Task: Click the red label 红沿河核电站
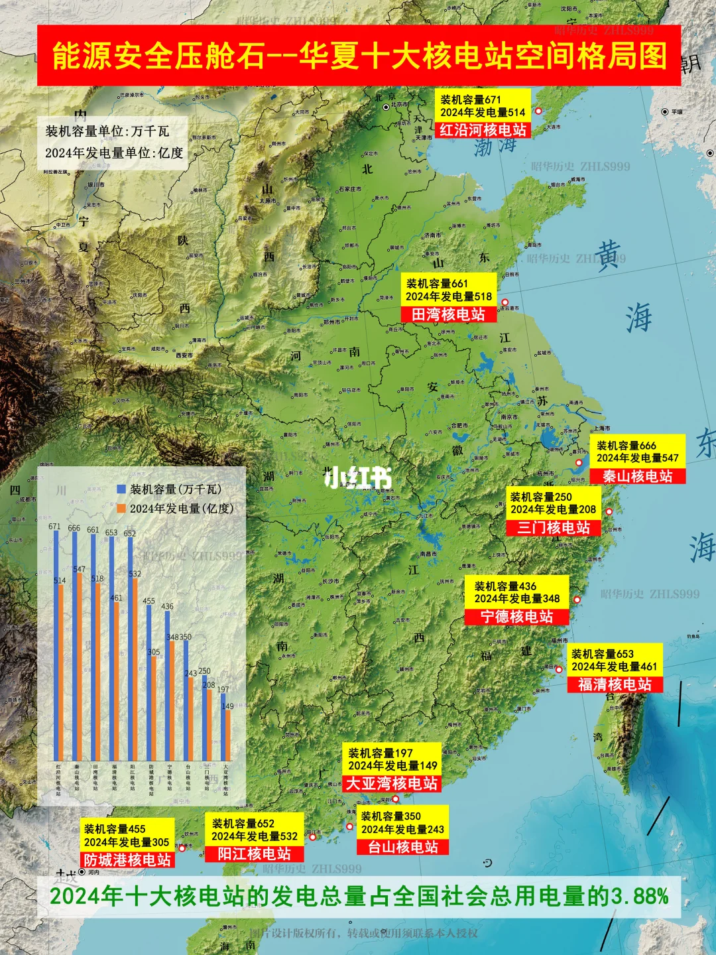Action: [x=483, y=130]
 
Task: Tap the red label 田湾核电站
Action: [x=448, y=314]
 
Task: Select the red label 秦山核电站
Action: [x=637, y=476]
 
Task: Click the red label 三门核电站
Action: [x=554, y=528]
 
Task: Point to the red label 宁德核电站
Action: [x=516, y=617]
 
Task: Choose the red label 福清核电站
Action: [x=615, y=684]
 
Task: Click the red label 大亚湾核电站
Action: [x=392, y=784]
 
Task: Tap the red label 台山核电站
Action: [x=403, y=847]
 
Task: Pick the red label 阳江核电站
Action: [x=255, y=854]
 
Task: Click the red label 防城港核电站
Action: [x=127, y=860]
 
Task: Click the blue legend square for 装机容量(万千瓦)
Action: [x=121, y=489]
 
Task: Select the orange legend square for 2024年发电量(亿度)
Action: [x=121, y=509]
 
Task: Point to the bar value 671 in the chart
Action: [x=54, y=527]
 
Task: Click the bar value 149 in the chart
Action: [x=228, y=706]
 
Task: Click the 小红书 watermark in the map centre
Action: [x=358, y=477]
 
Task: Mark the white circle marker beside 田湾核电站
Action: [x=505, y=302]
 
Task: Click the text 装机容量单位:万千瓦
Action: [x=107, y=131]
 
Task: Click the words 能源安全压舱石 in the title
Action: [x=158, y=56]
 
